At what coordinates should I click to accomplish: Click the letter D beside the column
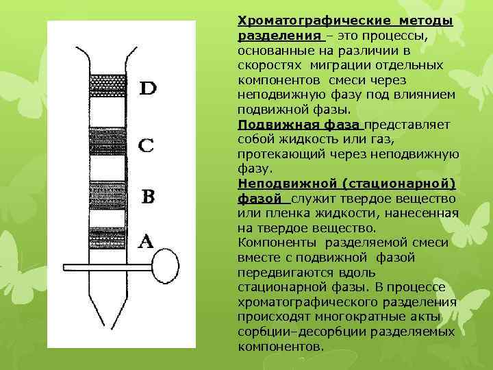pyautogui.click(x=149, y=88)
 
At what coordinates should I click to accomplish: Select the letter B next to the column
pyautogui.click(x=149, y=197)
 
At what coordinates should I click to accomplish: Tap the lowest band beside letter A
pyautogui.click(x=106, y=237)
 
